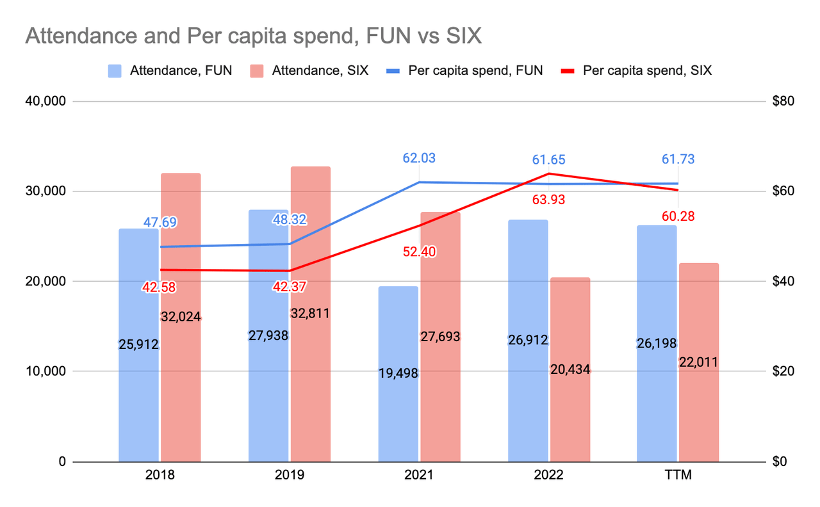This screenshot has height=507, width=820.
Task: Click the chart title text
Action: coord(253,36)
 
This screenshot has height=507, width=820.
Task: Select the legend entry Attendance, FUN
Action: coord(170,70)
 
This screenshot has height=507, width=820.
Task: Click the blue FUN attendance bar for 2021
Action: coord(398,384)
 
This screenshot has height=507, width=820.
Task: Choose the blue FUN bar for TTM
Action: coord(657,410)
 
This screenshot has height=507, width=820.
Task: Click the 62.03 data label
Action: coord(419,158)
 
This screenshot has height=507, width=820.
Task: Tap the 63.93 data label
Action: coord(549,200)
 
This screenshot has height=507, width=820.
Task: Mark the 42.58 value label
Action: coord(159,287)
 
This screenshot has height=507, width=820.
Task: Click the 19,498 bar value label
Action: coord(398,373)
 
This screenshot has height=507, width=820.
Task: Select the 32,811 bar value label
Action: coord(310,314)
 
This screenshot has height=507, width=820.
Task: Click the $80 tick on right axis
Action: coord(783,101)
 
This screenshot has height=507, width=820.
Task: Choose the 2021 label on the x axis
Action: coord(419,476)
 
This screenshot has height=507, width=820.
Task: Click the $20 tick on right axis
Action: coord(783,371)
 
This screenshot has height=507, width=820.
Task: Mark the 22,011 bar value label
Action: coord(698,362)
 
